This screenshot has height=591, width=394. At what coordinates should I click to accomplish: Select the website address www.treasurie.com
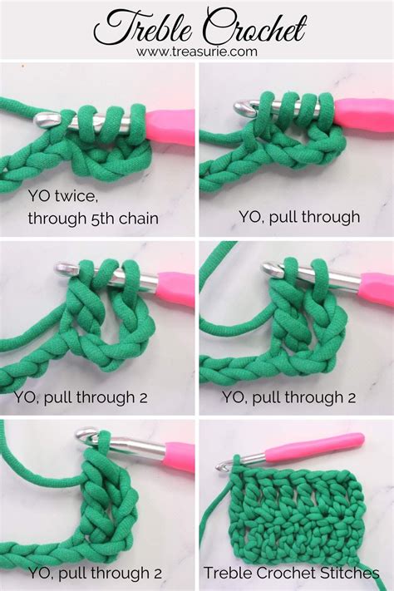(196, 52)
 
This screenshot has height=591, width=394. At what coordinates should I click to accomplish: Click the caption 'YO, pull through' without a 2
(298, 217)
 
